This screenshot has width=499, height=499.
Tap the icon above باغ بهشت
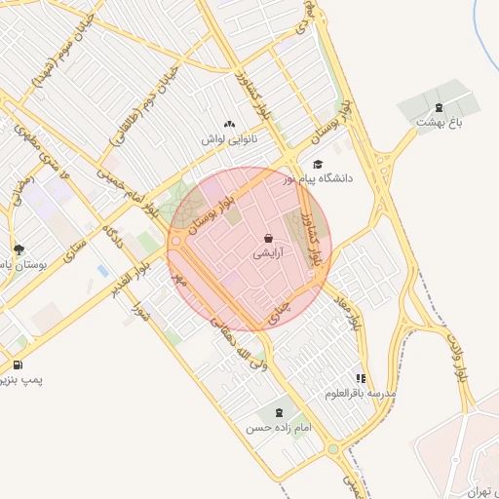click(x=438, y=106)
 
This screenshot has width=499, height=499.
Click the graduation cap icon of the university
click(x=317, y=165)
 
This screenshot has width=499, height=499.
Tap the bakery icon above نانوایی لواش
click(x=230, y=124)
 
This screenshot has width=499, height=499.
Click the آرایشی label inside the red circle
click(x=268, y=253)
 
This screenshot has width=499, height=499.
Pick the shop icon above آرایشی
click(x=268, y=238)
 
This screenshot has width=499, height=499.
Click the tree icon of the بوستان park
click(x=19, y=249)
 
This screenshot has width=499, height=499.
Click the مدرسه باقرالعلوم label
click(x=362, y=393)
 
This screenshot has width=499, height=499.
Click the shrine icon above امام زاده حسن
click(x=282, y=413)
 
